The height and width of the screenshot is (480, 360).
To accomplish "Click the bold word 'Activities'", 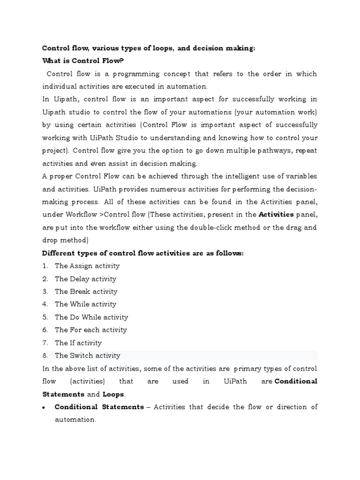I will [x=277, y=215].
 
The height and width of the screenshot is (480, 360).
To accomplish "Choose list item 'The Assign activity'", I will [x=87, y=266].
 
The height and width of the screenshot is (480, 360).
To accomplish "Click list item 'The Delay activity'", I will [x=85, y=279].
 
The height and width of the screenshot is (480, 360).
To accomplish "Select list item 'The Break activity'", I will [x=86, y=292].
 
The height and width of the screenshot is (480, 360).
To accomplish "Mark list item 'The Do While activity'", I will [x=91, y=317].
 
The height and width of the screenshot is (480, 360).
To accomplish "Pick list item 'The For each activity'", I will [x=91, y=330].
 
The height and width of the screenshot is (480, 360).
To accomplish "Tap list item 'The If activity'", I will [x=78, y=343].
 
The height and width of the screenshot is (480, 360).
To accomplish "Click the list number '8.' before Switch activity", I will [x=45, y=356].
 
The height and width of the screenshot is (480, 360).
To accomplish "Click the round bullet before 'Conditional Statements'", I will [x=44, y=407].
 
